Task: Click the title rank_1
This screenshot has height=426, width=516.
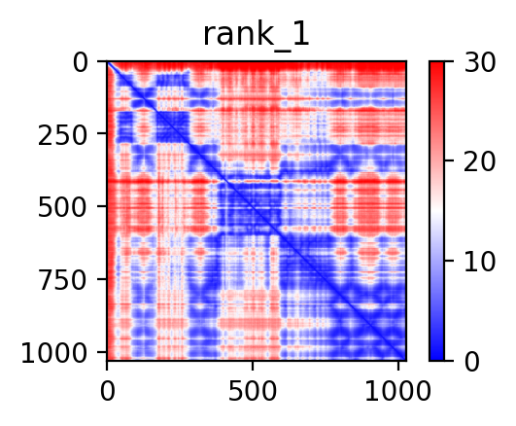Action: click(x=257, y=35)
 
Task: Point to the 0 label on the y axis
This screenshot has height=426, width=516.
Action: click(x=81, y=63)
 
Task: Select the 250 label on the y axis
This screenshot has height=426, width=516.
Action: click(x=63, y=135)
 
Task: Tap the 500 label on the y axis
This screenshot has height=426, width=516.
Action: click(x=63, y=208)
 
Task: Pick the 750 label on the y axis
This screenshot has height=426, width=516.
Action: click(x=63, y=281)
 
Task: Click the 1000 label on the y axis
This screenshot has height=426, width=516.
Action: click(x=54, y=353)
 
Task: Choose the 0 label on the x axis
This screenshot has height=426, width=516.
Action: click(x=108, y=391)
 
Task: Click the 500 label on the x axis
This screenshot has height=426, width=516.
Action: click(x=253, y=391)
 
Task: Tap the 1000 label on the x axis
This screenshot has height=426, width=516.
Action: click(x=397, y=391)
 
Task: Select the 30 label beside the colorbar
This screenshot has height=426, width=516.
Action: click(x=479, y=62)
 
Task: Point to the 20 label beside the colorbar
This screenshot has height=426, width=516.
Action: click(x=479, y=162)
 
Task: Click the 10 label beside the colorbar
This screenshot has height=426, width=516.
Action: click(x=479, y=262)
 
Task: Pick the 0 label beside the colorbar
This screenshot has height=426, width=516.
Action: click(x=471, y=362)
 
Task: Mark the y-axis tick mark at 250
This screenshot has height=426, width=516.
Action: click(x=102, y=133)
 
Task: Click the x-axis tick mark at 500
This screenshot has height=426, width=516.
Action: click(x=253, y=366)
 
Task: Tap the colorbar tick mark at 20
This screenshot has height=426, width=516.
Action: click(x=449, y=160)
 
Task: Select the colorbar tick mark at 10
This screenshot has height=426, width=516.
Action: click(x=449, y=261)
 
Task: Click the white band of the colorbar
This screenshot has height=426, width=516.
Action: click(x=436, y=211)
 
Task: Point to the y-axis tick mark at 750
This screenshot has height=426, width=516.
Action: click(x=102, y=279)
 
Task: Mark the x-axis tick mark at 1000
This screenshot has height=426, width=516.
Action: click(x=398, y=366)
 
